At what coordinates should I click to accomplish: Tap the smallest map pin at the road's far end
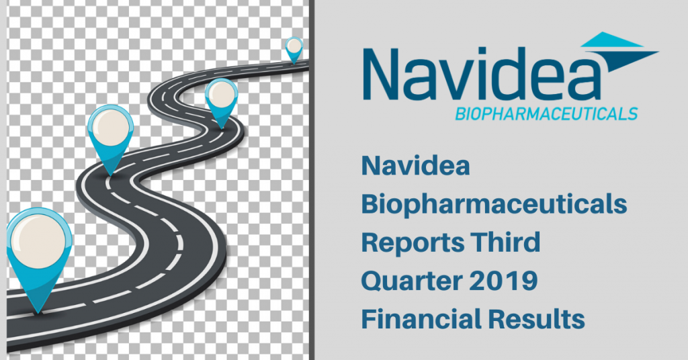294,48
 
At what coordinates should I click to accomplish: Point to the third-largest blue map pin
221,99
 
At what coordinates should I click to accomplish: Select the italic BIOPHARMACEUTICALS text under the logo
546,114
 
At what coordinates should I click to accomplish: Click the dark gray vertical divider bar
313,180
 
